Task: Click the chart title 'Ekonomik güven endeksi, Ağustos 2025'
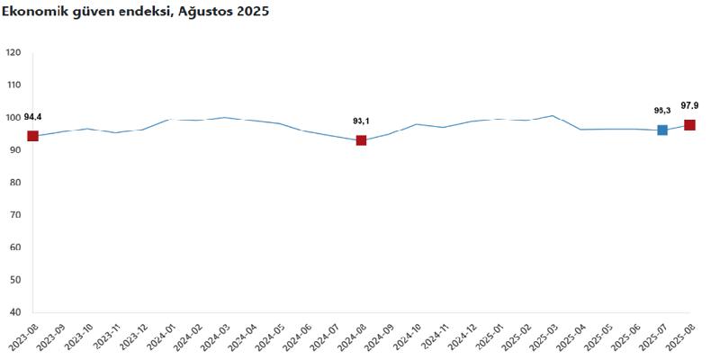coord(135,12)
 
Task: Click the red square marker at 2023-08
coord(32,136)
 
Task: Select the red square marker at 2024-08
coord(361,140)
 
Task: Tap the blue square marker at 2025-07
coord(662,130)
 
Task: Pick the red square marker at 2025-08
coord(689,125)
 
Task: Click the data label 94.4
coord(32,117)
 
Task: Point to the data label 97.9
coord(690,105)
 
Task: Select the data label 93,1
coord(361,121)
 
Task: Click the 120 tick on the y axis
coord(13,52)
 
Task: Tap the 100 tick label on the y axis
coord(13,118)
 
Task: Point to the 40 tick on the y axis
coord(15,312)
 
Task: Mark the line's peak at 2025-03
coord(553,115)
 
